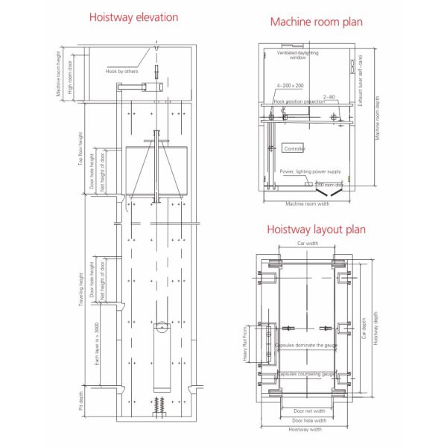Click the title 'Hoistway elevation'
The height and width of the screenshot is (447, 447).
[x=134, y=17]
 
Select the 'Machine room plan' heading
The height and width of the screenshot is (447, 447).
[x=317, y=22]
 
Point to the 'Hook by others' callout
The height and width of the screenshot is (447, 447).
[x=122, y=72]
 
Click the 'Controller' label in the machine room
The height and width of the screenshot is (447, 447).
[x=295, y=149]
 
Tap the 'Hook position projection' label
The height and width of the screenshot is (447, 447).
[x=299, y=101]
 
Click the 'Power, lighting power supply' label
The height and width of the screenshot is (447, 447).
[x=310, y=171]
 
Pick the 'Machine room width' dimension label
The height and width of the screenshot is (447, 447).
[x=308, y=203]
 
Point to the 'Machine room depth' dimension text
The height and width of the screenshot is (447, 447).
[x=378, y=119]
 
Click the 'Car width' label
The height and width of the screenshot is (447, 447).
[x=308, y=244]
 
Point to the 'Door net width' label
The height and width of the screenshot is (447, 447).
[x=309, y=410]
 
